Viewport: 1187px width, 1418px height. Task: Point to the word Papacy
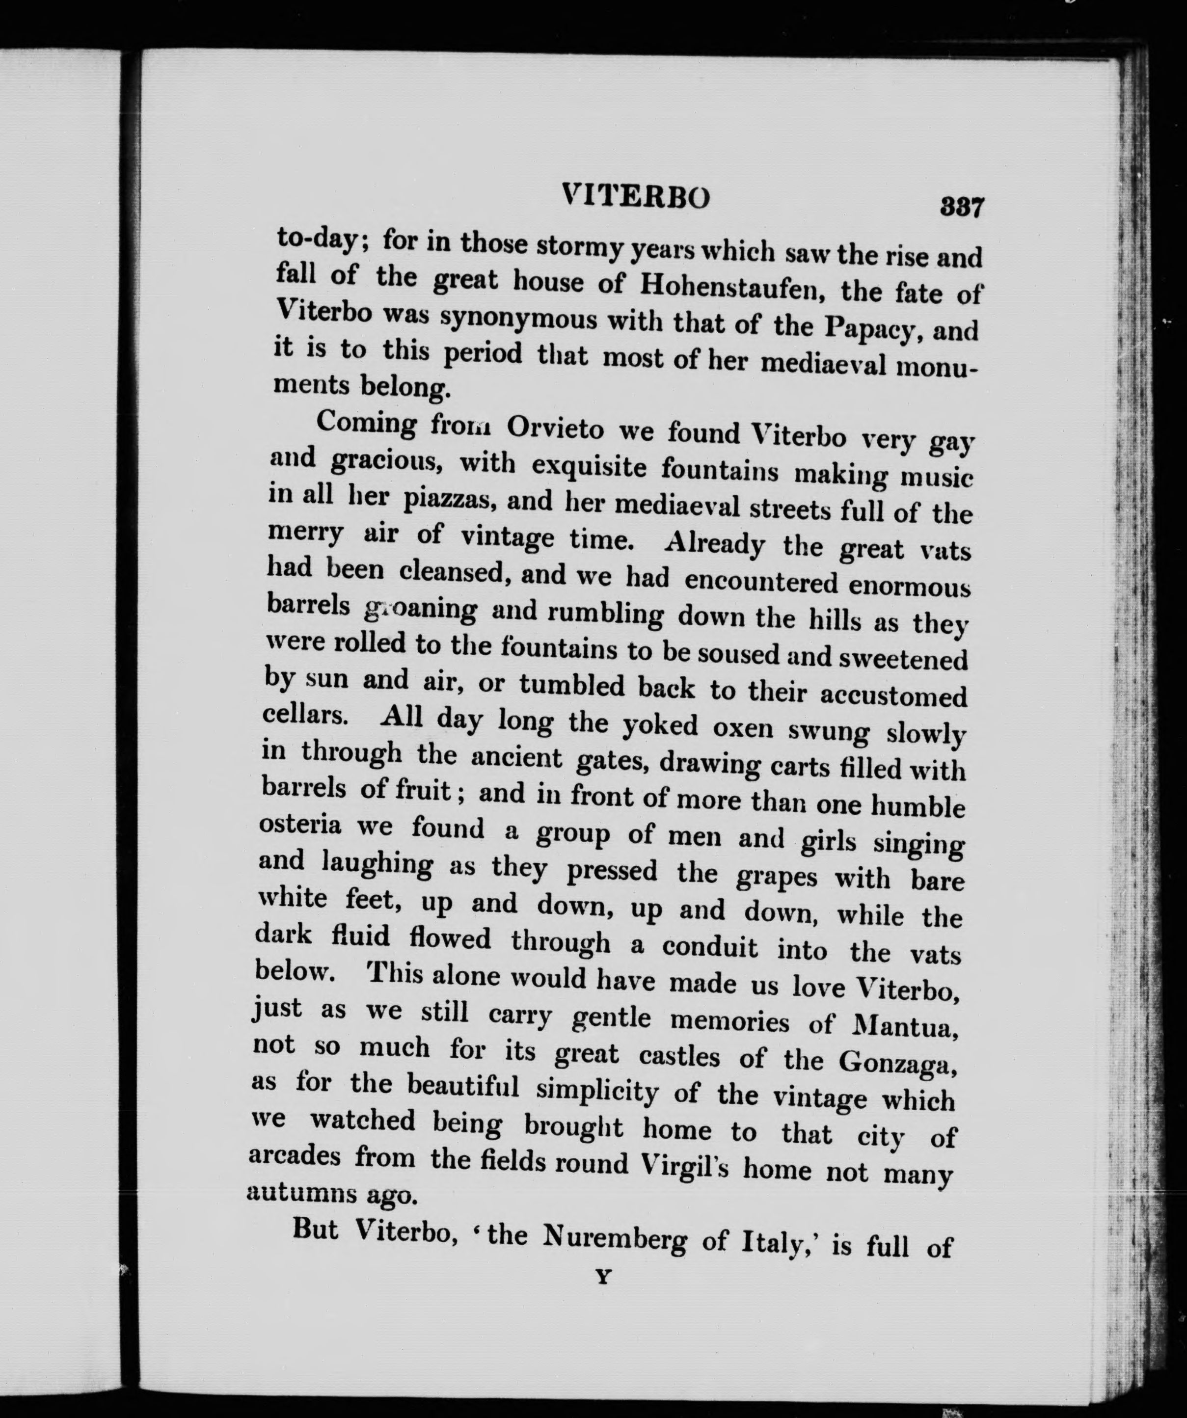876,329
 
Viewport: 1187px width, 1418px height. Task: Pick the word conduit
710,947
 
